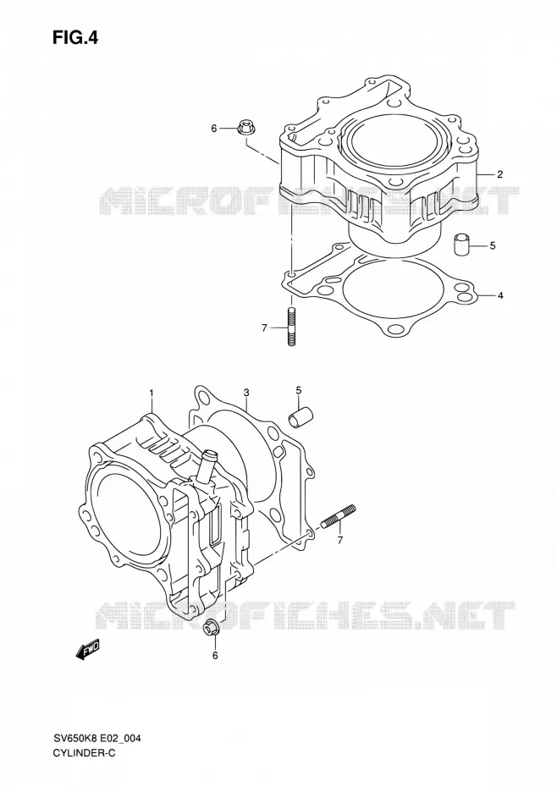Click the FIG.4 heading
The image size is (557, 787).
click(76, 37)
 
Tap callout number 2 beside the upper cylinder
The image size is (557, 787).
click(499, 174)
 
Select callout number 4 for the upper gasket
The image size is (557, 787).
click(500, 295)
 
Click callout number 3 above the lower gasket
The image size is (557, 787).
click(246, 392)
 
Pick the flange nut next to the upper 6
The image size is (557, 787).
click(245, 128)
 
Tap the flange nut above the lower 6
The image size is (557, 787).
click(212, 629)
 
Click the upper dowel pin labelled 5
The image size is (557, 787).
click(462, 244)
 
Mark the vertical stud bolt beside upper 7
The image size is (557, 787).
click(291, 327)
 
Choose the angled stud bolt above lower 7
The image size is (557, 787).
click(338, 516)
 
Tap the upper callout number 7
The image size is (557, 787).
click(263, 328)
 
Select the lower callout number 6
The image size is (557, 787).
click(215, 656)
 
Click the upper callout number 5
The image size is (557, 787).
click(493, 245)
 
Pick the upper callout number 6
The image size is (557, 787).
click(213, 129)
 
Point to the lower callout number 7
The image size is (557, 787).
click(340, 541)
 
